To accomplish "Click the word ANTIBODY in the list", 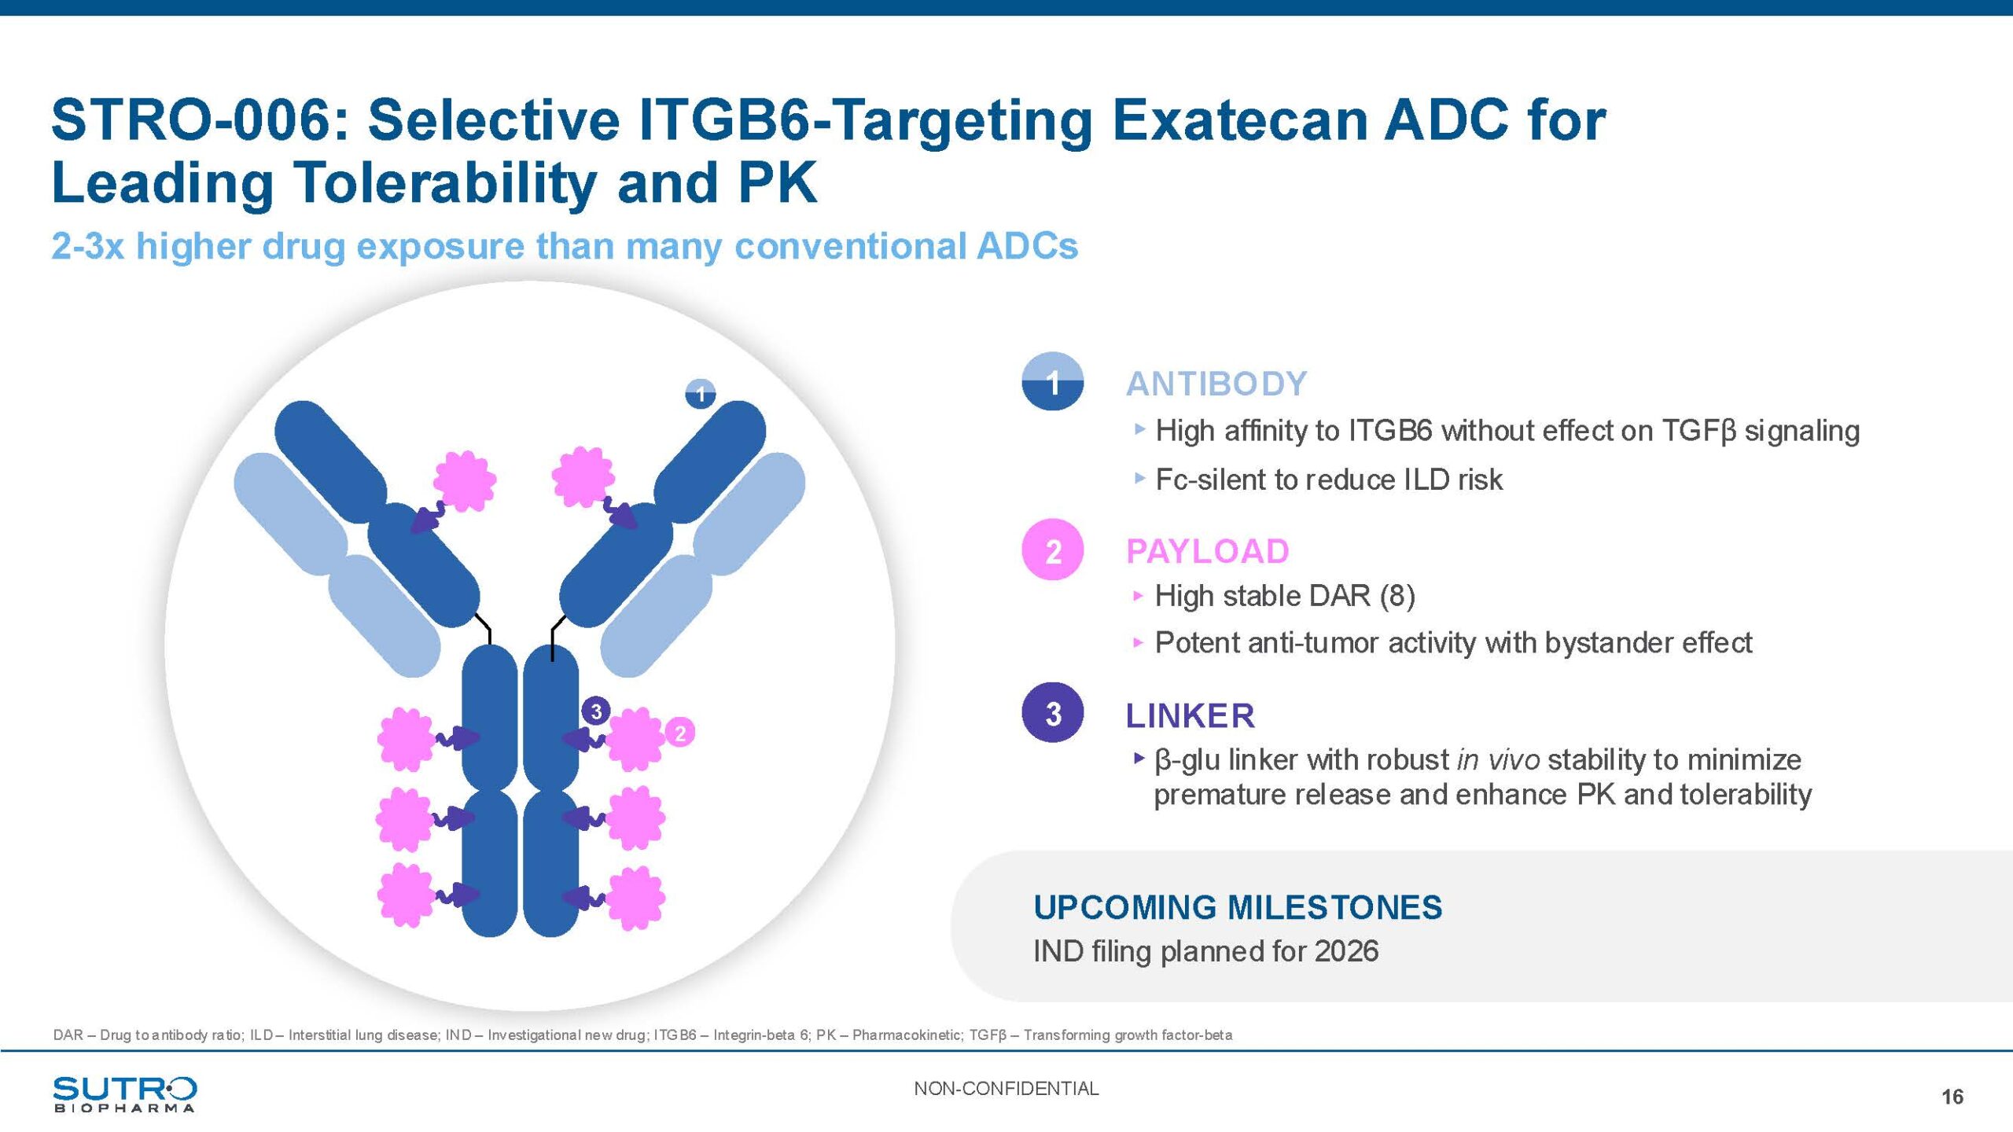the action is coord(1216,384).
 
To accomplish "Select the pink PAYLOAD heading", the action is coord(1208,552).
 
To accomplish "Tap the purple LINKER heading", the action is coord(1191,716).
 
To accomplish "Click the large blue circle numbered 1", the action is coord(1053,382).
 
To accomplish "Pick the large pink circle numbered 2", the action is coord(1053,550).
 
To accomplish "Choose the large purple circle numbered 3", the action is coord(1053,713).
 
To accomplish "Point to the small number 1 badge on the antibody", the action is coord(701,394).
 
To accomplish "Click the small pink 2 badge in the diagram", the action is coord(680,733).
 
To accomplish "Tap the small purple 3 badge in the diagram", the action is coord(596,711).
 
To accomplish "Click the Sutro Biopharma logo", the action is coord(125,1094).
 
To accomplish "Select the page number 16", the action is coord(1952,1097).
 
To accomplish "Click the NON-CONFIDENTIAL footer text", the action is coord(1006,1089).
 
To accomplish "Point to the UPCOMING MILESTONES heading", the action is coord(1238,908).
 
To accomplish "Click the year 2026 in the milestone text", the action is coord(1347,951).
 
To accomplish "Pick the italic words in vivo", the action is coord(1498,760).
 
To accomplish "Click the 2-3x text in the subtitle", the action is coord(87,246).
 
